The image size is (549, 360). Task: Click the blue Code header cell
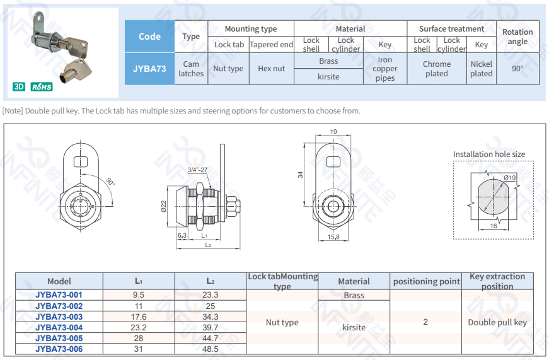pos(149,37)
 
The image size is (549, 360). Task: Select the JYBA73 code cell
pos(149,69)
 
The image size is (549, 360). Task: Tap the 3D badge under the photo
pos(19,86)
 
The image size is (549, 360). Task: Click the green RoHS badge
pos(42,86)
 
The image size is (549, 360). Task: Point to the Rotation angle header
pos(517,37)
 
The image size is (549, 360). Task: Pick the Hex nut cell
pos(272,69)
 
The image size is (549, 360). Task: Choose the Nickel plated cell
pos(482,69)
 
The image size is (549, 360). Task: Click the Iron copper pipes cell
pos(384,69)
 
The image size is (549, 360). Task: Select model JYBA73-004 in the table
pos(59,327)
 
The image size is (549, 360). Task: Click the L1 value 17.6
pos(139,317)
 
